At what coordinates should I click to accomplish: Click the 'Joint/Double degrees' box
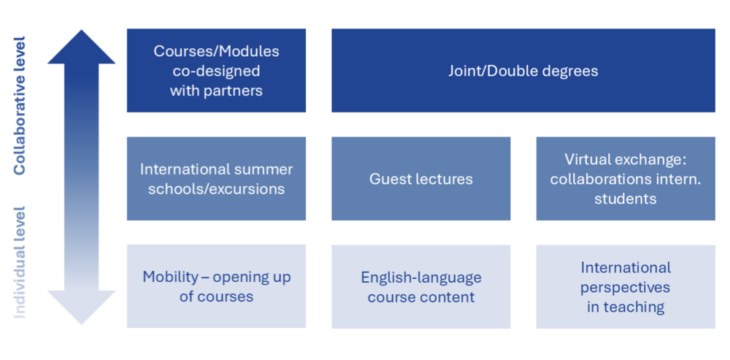(x=523, y=70)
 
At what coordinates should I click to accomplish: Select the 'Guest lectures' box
(x=421, y=178)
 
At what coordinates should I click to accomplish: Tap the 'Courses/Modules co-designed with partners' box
(x=216, y=70)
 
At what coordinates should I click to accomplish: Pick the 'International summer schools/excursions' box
(x=216, y=178)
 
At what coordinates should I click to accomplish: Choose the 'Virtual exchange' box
(x=626, y=178)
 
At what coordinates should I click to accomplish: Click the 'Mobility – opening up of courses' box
(x=216, y=286)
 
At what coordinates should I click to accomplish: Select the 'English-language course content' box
(x=421, y=286)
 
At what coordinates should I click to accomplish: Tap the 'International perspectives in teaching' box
(x=626, y=286)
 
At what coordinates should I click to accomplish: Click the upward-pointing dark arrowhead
(x=82, y=47)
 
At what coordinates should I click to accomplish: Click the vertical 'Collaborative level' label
(x=19, y=105)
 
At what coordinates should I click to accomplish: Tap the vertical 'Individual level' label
(x=19, y=262)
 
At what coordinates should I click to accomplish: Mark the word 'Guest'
(x=389, y=179)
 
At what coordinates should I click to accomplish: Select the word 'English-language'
(x=421, y=278)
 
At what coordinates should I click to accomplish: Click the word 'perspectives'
(x=626, y=288)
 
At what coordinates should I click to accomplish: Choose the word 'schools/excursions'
(x=216, y=189)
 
